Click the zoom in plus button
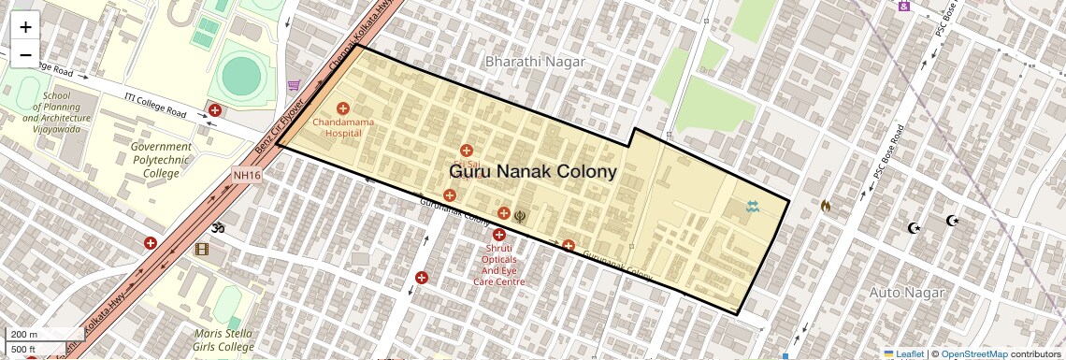click(x=25, y=27)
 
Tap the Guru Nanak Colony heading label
click(x=532, y=172)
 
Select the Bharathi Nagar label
click(x=535, y=62)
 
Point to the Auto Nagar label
click(x=897, y=293)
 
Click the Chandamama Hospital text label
click(x=342, y=128)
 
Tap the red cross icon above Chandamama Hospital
click(x=342, y=109)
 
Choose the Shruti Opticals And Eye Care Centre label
click(x=498, y=265)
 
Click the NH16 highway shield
click(x=246, y=176)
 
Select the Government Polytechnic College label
click(x=161, y=160)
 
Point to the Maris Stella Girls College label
click(x=223, y=340)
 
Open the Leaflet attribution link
click(x=903, y=354)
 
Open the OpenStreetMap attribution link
click(x=973, y=354)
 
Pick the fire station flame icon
click(x=825, y=205)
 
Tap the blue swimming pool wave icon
click(x=753, y=207)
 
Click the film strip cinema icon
click(x=203, y=249)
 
